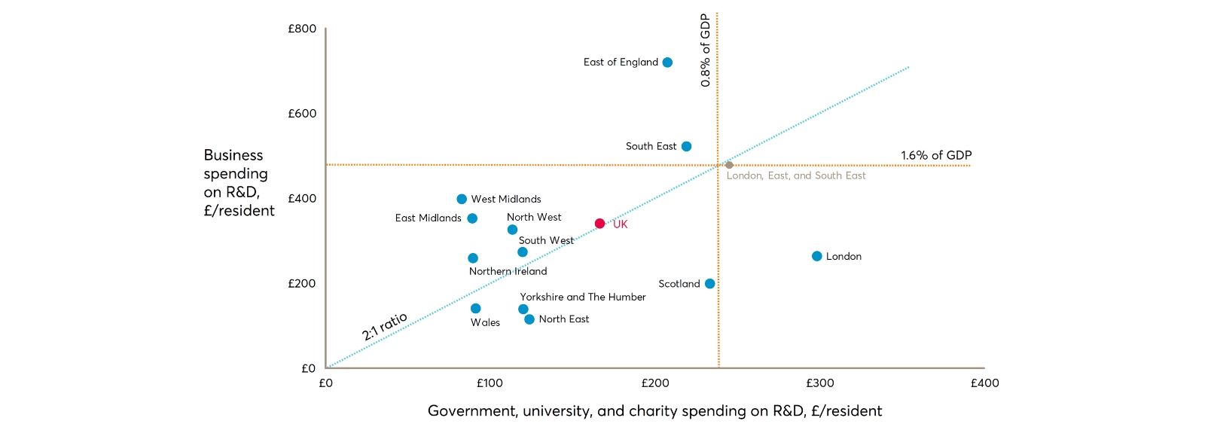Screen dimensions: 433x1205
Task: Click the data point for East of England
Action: coord(667,63)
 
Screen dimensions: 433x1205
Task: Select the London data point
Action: coord(816,256)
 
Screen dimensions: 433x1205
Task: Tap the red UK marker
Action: coord(599,224)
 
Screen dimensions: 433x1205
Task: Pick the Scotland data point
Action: coord(709,284)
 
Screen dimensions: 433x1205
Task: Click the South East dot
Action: coord(686,146)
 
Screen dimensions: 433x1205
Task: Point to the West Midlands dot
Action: coord(462,200)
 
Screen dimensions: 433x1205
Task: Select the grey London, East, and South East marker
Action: coord(729,165)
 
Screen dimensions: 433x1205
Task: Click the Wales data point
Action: coord(475,309)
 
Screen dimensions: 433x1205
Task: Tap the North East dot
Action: coord(529,319)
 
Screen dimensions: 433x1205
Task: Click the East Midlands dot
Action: coord(472,218)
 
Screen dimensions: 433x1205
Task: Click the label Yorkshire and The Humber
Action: coord(582,297)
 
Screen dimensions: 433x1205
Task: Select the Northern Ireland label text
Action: coord(508,271)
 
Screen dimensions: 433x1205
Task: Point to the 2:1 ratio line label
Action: coord(384,326)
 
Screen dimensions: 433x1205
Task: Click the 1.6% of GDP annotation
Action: coord(936,155)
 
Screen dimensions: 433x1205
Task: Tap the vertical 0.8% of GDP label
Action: coord(706,50)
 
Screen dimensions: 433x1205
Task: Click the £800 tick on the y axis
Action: coord(302,29)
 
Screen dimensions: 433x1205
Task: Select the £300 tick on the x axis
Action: coord(819,383)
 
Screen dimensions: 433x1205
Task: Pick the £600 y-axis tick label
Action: coord(302,114)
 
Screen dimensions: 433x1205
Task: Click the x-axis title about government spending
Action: coord(654,410)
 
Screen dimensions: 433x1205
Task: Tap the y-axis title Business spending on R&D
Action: coord(239,183)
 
